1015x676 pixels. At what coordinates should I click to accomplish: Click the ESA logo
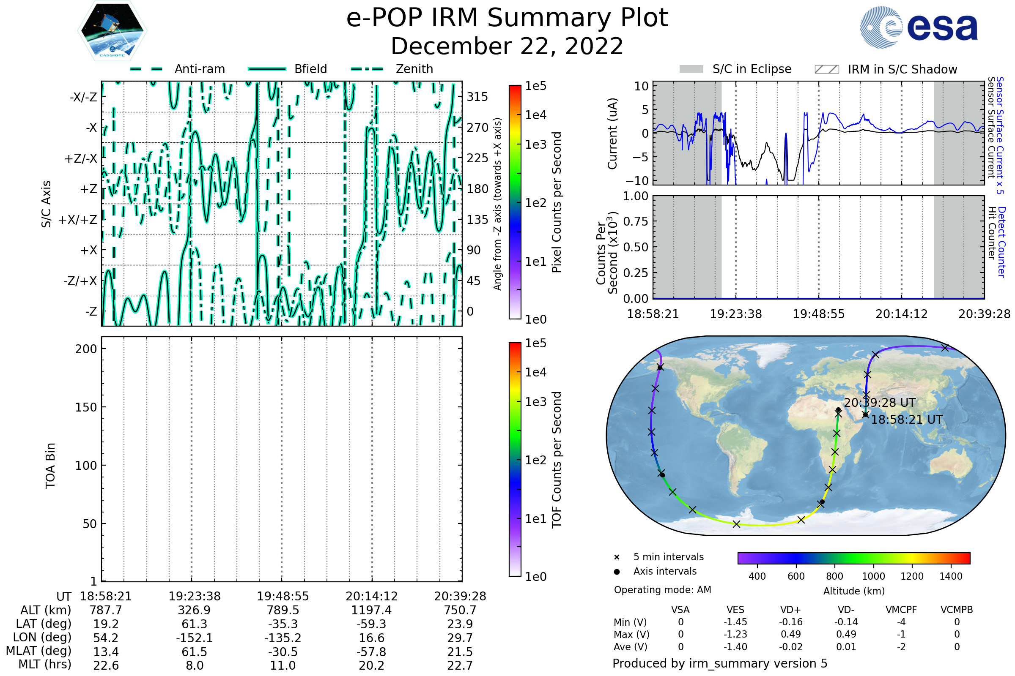[919, 27]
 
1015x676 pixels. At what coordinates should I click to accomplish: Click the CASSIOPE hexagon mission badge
[112, 30]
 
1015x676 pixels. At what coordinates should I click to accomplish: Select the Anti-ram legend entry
[199, 69]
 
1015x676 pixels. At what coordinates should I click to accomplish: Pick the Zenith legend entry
[414, 69]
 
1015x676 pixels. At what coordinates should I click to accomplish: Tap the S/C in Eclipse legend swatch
[691, 69]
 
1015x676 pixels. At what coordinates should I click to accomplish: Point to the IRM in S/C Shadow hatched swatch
[827, 69]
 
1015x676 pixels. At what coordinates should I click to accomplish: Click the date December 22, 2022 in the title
[507, 46]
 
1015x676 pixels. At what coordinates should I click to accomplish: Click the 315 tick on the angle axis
[477, 97]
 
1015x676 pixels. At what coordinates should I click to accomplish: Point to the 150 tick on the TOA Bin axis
[86, 407]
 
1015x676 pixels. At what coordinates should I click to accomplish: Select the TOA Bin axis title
[50, 466]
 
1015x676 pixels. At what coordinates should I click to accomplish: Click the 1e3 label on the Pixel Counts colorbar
[535, 145]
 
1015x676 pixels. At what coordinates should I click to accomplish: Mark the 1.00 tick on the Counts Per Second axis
[635, 196]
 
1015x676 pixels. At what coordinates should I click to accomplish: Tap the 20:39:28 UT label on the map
[880, 403]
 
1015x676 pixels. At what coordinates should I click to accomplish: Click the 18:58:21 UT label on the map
[907, 420]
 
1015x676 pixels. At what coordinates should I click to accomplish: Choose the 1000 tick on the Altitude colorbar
[873, 576]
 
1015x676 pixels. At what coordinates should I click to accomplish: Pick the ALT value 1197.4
[371, 610]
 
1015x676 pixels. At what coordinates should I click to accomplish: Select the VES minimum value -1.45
[735, 622]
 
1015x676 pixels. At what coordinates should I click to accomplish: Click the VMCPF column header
[901, 610]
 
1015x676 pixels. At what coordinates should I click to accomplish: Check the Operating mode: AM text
[662, 590]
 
